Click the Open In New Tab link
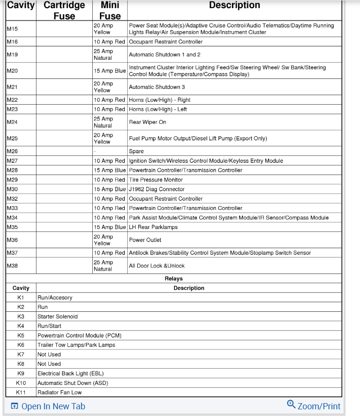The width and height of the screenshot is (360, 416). coord(48,406)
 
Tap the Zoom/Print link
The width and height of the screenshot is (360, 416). coord(314,406)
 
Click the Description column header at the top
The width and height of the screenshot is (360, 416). coord(234,5)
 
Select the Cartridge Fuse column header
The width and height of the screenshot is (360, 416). coord(64,11)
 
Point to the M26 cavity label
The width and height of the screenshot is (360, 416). coord(12,151)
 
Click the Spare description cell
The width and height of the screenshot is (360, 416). coord(136,151)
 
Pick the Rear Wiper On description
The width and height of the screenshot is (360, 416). coord(148,122)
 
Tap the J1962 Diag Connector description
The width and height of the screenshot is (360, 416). coord(157,189)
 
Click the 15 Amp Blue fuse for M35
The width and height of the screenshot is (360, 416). coord(109,227)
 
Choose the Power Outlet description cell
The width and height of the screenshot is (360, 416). coord(145,240)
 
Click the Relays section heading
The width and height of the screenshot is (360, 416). coord(174,278)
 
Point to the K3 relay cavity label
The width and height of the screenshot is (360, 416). coord(21,317)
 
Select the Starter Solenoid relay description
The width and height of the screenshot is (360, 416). coord(57,317)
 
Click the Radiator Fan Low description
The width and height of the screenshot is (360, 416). coord(60,392)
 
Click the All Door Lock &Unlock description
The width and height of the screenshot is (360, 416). coord(157,265)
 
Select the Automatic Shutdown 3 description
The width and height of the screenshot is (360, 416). coord(157,87)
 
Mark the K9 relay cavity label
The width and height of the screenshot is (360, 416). coord(21,373)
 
